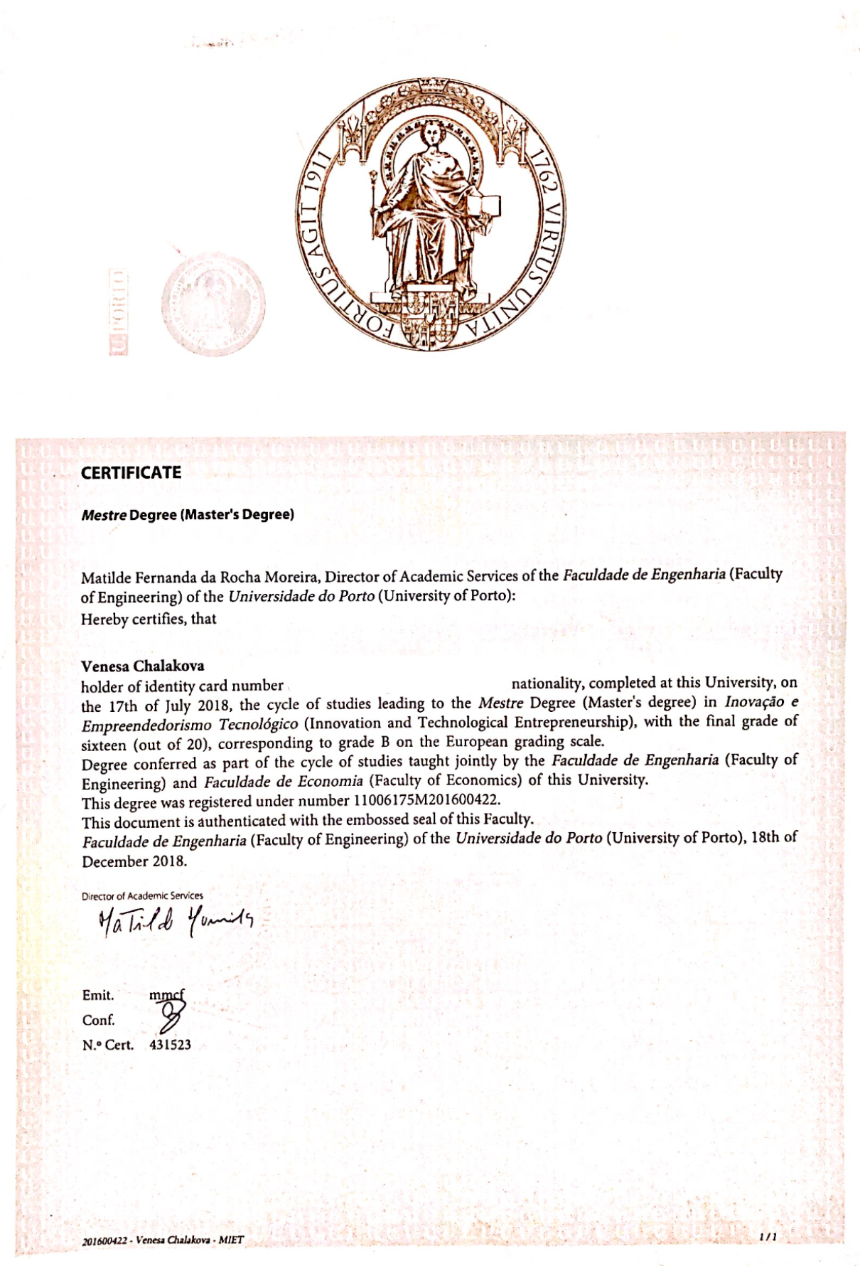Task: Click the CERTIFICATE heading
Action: tap(131, 473)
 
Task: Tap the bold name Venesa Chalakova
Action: tap(142, 666)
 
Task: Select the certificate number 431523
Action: tap(170, 1045)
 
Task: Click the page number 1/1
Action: tap(767, 1237)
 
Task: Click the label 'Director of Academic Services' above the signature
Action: tap(142, 895)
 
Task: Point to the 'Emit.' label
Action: tap(97, 995)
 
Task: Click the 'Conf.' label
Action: tap(98, 1020)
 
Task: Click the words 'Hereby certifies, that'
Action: tap(149, 619)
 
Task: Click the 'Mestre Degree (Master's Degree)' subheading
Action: tap(188, 514)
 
